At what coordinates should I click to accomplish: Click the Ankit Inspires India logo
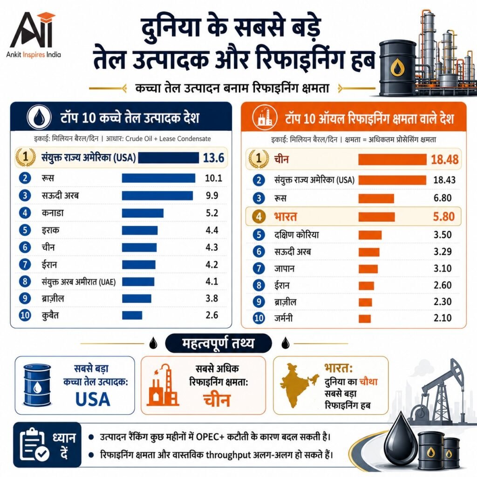click(x=34, y=34)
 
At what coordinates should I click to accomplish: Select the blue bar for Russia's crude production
click(x=158, y=178)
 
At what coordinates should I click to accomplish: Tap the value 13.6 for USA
click(x=213, y=158)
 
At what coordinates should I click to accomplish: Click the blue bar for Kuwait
click(x=132, y=315)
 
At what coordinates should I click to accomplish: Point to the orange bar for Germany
click(x=365, y=319)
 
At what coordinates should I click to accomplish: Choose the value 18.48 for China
click(x=444, y=159)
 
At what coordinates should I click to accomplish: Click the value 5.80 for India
click(x=443, y=217)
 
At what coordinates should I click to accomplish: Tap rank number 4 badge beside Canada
click(x=25, y=212)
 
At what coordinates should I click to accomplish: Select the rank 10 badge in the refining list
click(x=259, y=318)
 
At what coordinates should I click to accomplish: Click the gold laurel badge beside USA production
click(x=26, y=157)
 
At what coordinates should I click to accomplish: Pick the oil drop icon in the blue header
click(x=39, y=117)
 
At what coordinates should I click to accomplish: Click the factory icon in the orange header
click(x=265, y=117)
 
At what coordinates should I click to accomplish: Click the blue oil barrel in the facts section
click(x=37, y=385)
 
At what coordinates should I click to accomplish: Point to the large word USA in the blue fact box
click(x=93, y=399)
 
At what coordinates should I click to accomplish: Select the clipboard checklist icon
click(x=34, y=444)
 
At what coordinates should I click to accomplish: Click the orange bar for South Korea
click(x=370, y=235)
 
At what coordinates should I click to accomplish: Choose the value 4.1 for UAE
click(x=212, y=281)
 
